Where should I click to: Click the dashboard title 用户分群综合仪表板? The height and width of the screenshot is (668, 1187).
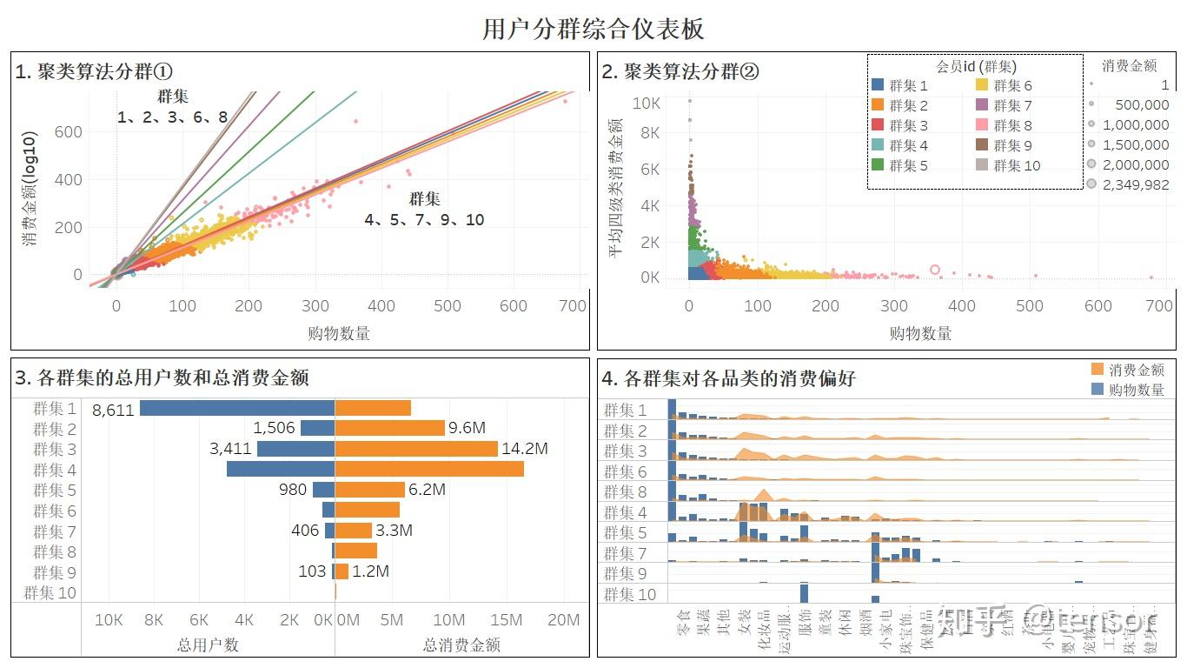[x=593, y=29]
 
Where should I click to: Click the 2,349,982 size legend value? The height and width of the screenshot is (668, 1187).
[x=1135, y=184]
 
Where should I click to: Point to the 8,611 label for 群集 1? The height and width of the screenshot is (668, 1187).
[x=113, y=409]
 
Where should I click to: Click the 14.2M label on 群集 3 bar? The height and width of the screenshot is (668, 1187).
[x=526, y=449]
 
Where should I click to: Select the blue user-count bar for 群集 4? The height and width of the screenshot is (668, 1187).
[x=280, y=469]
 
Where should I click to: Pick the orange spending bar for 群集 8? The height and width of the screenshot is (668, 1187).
[x=355, y=551]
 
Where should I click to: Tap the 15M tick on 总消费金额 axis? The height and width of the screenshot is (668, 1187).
[x=506, y=620]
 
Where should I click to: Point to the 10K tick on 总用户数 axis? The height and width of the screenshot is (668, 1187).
[x=108, y=620]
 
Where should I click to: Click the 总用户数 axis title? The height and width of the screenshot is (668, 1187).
[x=208, y=645]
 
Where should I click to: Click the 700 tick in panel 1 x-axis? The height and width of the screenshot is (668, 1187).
[x=574, y=306]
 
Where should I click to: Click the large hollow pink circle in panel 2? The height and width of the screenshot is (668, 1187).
[x=935, y=270]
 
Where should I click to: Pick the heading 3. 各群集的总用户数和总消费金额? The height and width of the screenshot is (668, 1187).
[x=162, y=377]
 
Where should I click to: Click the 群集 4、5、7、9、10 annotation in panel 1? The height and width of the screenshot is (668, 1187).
[x=424, y=210]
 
